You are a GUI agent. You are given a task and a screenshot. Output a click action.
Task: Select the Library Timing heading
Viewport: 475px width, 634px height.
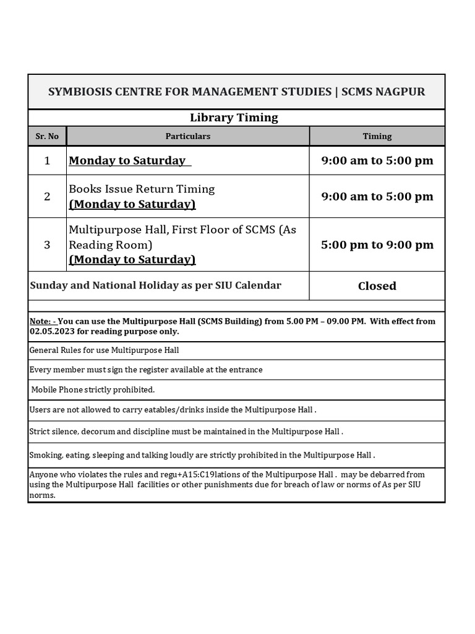pyautogui.click(x=234, y=118)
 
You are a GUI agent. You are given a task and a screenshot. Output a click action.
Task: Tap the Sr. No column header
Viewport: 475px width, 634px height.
pyautogui.click(x=47, y=136)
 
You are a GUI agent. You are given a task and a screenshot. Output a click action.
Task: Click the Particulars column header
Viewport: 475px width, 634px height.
pyautogui.click(x=188, y=136)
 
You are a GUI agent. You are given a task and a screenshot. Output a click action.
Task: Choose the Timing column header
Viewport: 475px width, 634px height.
pyautogui.click(x=377, y=136)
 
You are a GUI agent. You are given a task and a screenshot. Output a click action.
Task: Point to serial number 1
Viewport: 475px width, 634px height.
pyautogui.click(x=47, y=161)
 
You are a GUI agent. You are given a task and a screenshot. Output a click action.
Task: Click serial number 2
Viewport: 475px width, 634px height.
pyautogui.click(x=47, y=196)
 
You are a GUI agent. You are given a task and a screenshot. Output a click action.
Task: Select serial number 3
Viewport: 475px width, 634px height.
pyautogui.click(x=47, y=245)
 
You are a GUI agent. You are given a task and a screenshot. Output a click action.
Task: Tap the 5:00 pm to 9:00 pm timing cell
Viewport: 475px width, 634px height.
pyautogui.click(x=377, y=245)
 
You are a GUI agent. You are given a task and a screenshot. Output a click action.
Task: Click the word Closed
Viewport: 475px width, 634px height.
pyautogui.click(x=377, y=286)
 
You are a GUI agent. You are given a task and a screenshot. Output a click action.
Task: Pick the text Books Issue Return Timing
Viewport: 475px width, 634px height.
pyautogui.click(x=142, y=189)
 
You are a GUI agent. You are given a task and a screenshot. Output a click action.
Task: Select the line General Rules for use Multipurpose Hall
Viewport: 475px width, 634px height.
pyautogui.click(x=105, y=350)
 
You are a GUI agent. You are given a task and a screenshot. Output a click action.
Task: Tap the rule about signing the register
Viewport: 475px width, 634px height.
pyautogui.click(x=146, y=370)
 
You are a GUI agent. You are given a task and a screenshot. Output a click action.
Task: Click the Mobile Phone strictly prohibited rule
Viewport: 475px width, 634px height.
pyautogui.click(x=93, y=390)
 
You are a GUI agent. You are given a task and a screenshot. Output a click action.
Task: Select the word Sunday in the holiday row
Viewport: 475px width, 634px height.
pyautogui.click(x=48, y=285)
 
